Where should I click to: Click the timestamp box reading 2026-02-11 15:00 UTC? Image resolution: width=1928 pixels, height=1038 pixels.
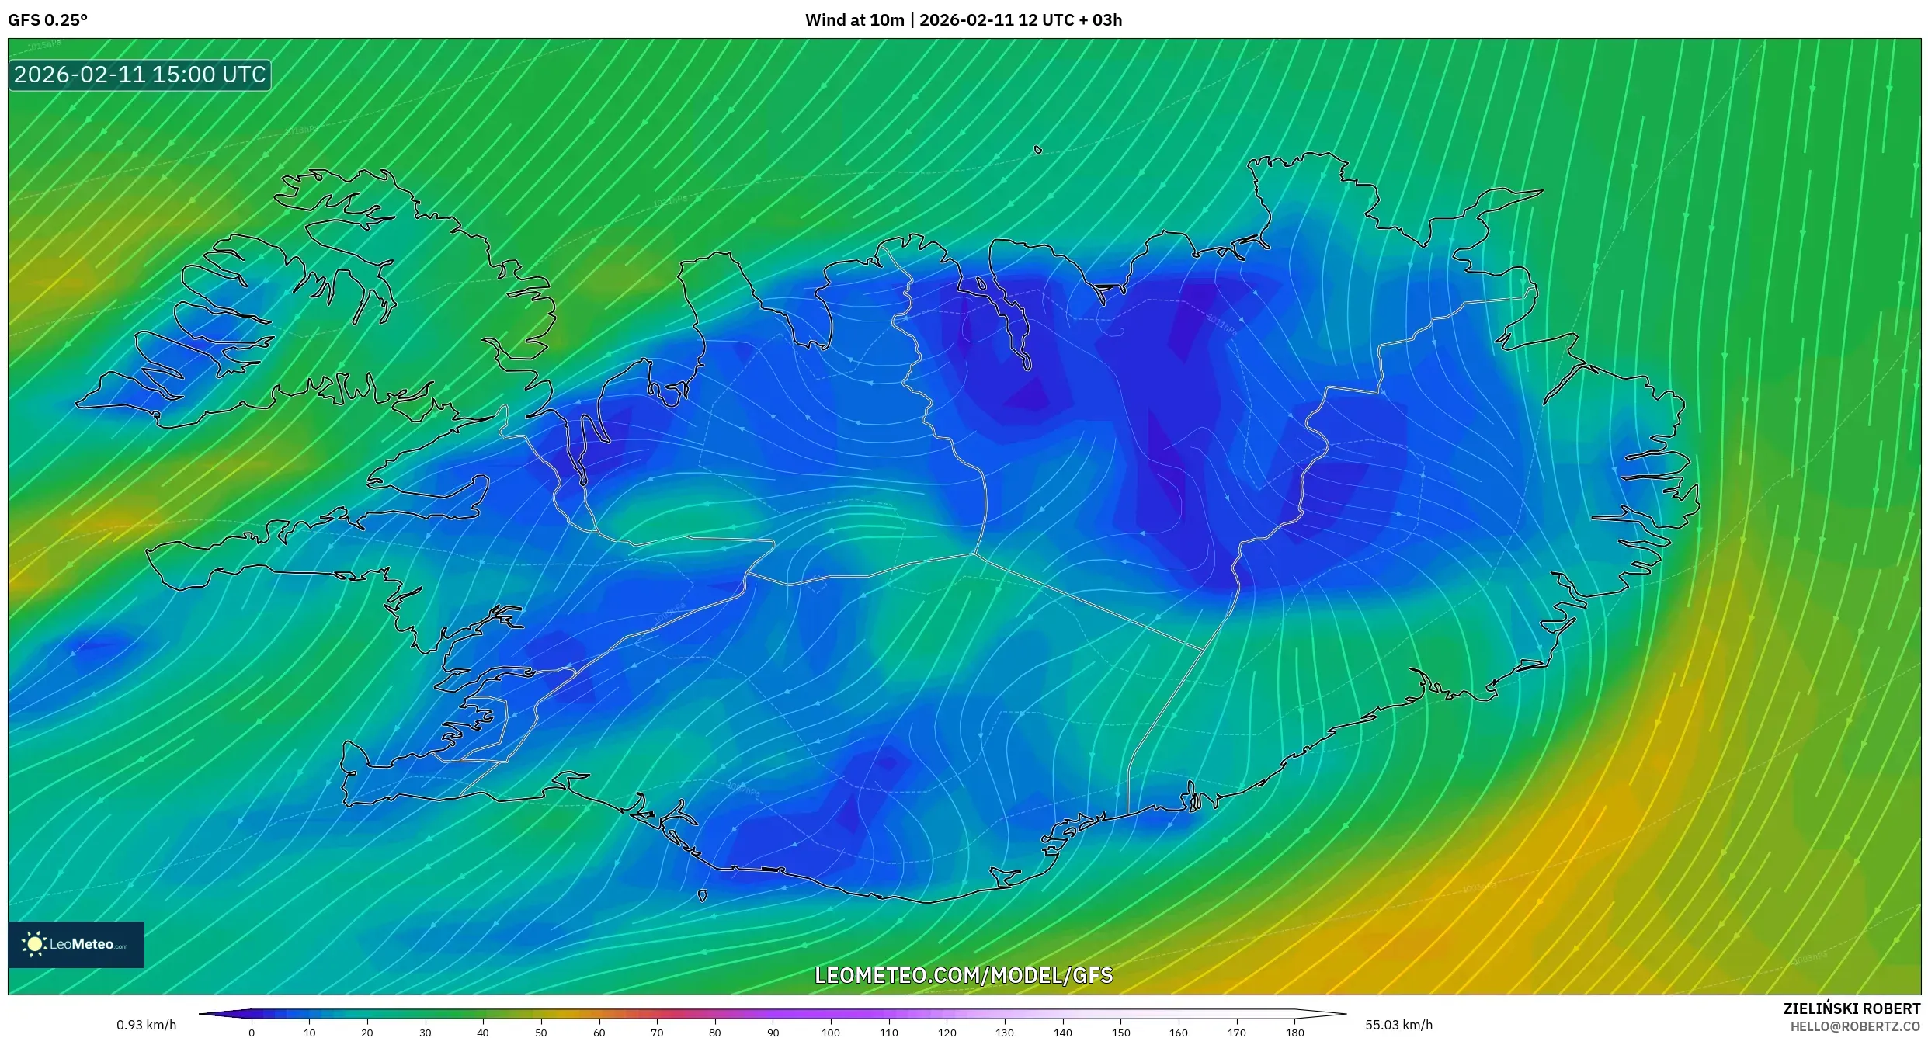(x=140, y=75)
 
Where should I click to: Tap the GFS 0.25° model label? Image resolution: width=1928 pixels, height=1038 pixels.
(x=47, y=20)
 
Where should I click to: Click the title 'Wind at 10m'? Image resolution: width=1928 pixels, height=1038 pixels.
(x=854, y=20)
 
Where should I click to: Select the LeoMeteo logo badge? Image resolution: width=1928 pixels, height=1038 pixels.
(x=76, y=944)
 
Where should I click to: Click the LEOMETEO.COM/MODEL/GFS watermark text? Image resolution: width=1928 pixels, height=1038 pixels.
(x=964, y=976)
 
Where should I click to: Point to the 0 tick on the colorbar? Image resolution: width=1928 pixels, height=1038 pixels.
(x=252, y=1032)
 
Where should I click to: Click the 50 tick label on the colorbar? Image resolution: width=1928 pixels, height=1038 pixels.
(x=540, y=1033)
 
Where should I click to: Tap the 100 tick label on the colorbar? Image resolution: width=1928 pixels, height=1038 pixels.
(x=830, y=1033)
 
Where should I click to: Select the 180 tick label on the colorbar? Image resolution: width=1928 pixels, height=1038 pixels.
(x=1294, y=1033)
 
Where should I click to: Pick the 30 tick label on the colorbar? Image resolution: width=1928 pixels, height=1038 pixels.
(x=425, y=1033)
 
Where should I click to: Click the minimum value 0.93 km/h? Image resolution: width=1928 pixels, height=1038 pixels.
(x=146, y=1025)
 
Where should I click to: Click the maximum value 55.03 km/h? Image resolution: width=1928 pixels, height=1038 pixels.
(x=1398, y=1025)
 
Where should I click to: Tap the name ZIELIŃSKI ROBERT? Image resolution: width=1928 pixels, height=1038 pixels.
(x=1851, y=1008)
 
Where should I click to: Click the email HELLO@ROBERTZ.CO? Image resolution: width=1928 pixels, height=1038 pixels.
(x=1855, y=1026)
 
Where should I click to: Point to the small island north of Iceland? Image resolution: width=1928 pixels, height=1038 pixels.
(x=1038, y=150)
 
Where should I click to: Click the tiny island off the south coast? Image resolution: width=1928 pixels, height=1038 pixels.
(x=702, y=896)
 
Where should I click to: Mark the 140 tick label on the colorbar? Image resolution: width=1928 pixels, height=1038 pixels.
(x=1062, y=1033)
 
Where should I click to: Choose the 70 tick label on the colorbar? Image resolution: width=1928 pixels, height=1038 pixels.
(x=657, y=1033)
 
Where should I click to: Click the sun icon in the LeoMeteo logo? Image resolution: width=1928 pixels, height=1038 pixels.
(x=34, y=944)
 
